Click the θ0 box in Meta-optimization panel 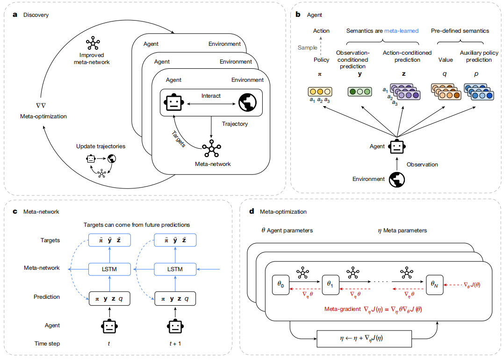coord(280,284)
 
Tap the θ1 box coord(331,284)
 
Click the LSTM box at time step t coord(108,269)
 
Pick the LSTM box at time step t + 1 coord(174,269)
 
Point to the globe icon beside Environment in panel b coord(397,179)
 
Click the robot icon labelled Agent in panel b coord(397,146)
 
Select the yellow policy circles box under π coord(320,92)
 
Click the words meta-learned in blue coord(401,31)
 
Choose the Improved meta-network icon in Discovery coord(93,43)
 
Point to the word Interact coord(211,96)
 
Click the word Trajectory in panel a coord(235,124)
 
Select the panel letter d coord(252,211)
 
